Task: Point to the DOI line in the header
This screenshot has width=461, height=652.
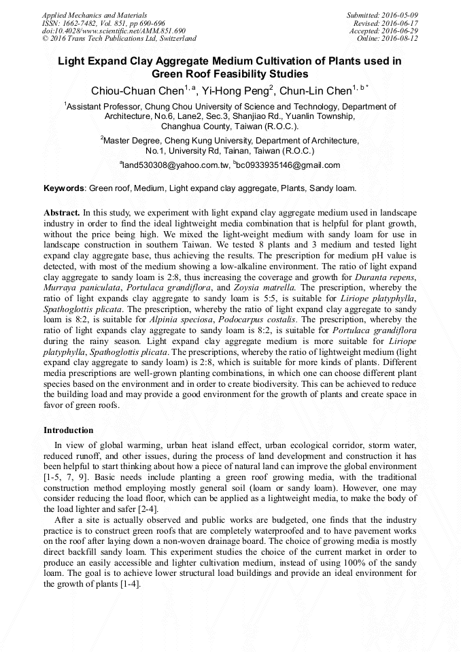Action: click(114, 31)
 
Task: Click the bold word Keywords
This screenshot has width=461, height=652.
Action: click(64, 188)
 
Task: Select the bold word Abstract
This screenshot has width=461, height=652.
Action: click(62, 211)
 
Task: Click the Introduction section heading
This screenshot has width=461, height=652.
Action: click(69, 430)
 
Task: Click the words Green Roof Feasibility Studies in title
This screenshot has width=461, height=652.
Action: click(230, 73)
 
